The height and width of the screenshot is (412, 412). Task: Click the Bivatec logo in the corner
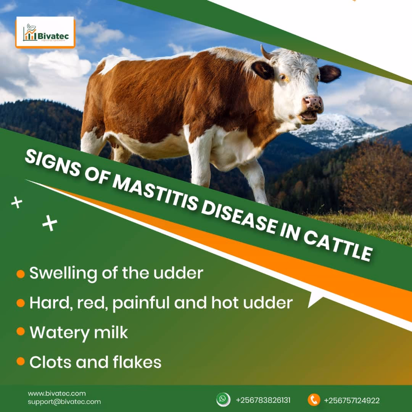click(45, 33)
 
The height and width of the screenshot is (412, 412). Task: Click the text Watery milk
click(79, 333)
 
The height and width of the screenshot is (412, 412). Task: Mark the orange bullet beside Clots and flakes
click(21, 362)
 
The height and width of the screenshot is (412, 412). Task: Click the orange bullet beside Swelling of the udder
click(21, 274)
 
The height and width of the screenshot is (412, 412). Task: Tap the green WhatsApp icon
click(223, 399)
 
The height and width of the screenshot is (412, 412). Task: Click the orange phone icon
click(314, 400)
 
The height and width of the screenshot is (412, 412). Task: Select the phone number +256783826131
click(263, 400)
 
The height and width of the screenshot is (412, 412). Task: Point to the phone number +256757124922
click(352, 400)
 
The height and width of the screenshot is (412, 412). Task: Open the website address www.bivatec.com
click(57, 393)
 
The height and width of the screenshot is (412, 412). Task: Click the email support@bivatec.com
click(64, 402)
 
